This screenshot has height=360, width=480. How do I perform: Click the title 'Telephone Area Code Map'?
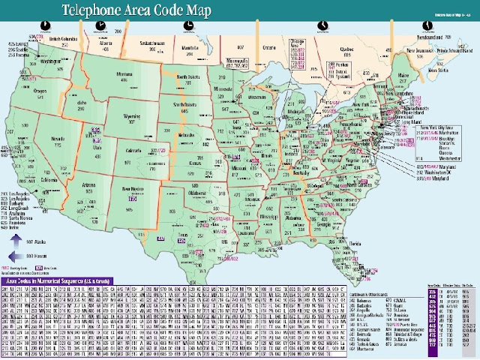pos(134,10)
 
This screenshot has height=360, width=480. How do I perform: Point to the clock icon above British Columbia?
pos(46,24)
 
